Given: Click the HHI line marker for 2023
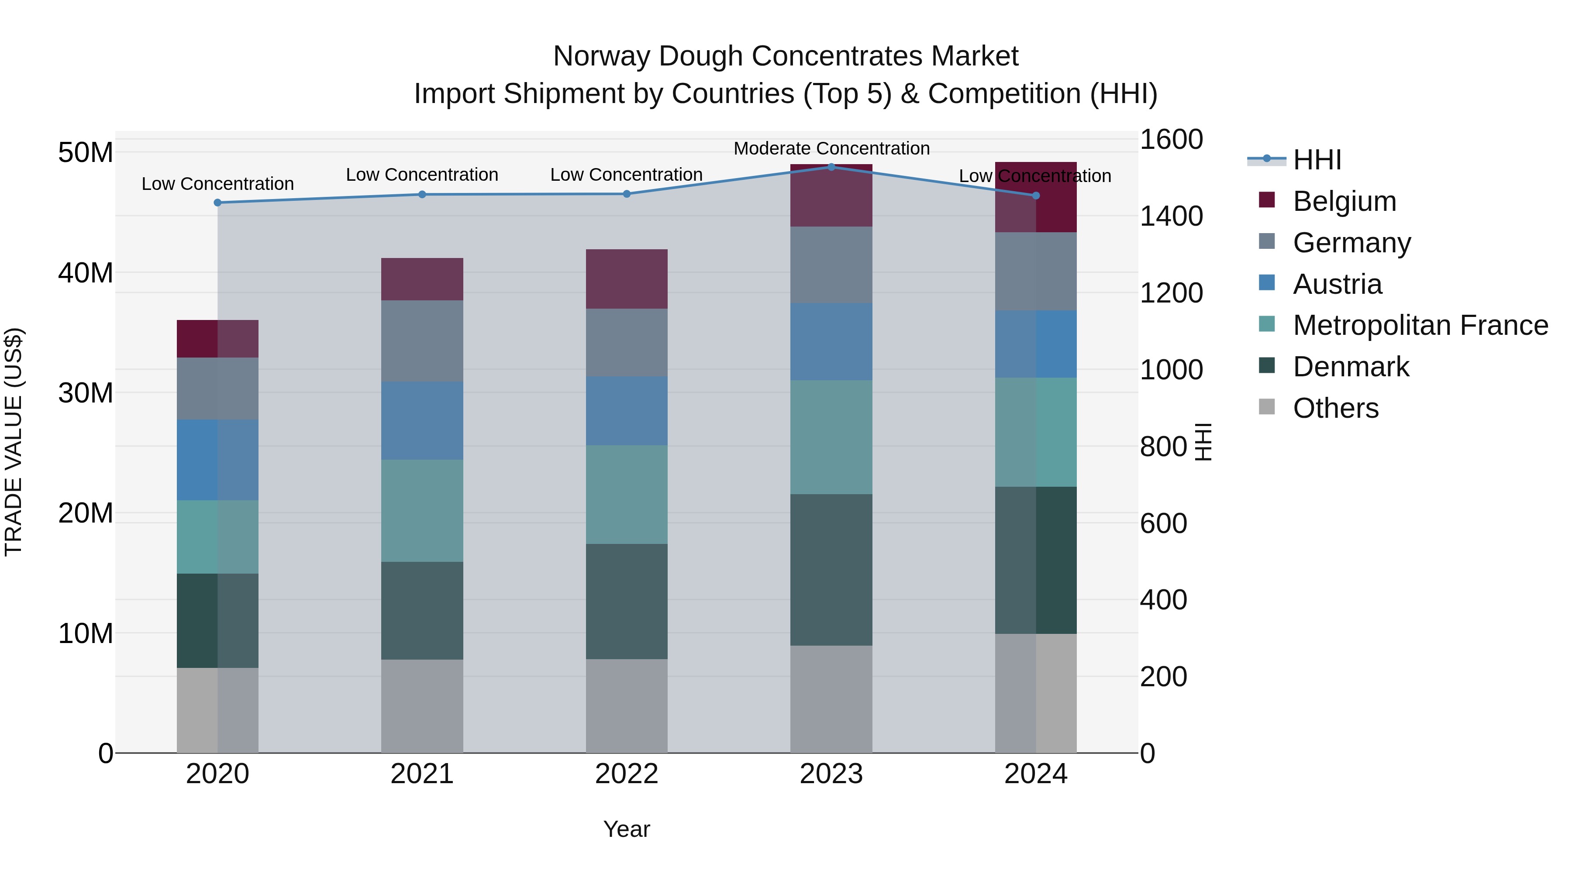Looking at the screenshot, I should click(831, 167).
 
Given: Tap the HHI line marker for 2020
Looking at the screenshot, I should click(218, 203).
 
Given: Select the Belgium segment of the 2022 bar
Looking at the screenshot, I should click(627, 279).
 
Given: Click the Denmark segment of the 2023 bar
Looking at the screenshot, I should click(831, 569).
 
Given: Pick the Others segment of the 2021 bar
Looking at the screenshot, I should click(422, 706).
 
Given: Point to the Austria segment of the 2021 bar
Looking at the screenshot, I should click(422, 420).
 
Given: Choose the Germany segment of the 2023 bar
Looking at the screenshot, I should click(831, 265).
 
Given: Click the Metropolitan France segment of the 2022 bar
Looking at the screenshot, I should click(627, 494).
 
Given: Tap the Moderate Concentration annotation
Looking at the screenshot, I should click(831, 148).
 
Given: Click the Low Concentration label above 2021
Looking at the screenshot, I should click(422, 175).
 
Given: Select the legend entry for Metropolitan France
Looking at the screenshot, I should click(1420, 325).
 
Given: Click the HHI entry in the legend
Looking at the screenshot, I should click(1317, 160).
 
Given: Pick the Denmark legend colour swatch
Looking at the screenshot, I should click(1267, 365).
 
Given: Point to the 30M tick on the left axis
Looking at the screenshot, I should click(86, 393).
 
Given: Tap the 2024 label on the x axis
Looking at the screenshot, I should click(1036, 774).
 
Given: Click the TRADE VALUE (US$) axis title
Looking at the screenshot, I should click(14, 442).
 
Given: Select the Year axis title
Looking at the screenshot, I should click(627, 829).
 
